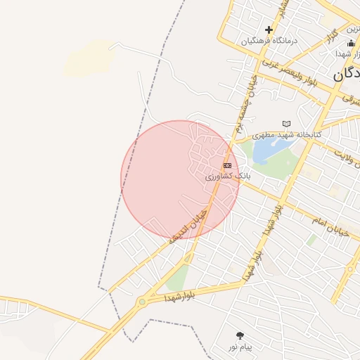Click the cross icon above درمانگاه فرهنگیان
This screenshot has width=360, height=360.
tap(269, 30)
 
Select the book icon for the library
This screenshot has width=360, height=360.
tap(286, 124)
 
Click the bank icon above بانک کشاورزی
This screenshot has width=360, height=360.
tap(227, 165)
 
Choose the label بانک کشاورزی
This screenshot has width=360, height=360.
tap(227, 176)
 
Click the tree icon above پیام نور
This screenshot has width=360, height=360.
tap(240, 336)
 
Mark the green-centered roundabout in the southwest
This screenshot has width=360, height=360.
tap(143, 302)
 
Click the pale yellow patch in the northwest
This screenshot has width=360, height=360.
tap(89, 59)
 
